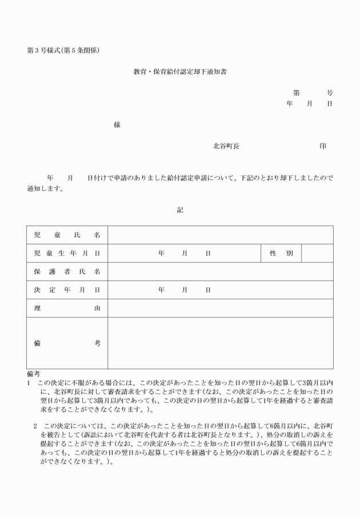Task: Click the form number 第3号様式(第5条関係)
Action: click(63, 50)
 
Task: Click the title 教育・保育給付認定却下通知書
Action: click(180, 73)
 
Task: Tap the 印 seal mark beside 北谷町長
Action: click(323, 146)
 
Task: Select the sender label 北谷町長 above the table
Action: click(226, 146)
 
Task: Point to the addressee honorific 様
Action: click(117, 125)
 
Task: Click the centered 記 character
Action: click(180, 210)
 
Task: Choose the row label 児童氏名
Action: click(67, 235)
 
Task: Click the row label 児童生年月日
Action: click(67, 253)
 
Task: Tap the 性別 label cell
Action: click(281, 253)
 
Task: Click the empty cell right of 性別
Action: click(317, 253)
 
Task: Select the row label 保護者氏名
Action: click(67, 271)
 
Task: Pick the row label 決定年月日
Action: click(67, 290)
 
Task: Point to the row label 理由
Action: click(67, 308)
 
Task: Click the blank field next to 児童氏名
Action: click(221, 235)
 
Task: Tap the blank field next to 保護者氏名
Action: click(221, 271)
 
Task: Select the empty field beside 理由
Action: click(221, 308)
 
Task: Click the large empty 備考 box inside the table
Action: click(221, 343)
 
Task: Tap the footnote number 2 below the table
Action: click(35, 426)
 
